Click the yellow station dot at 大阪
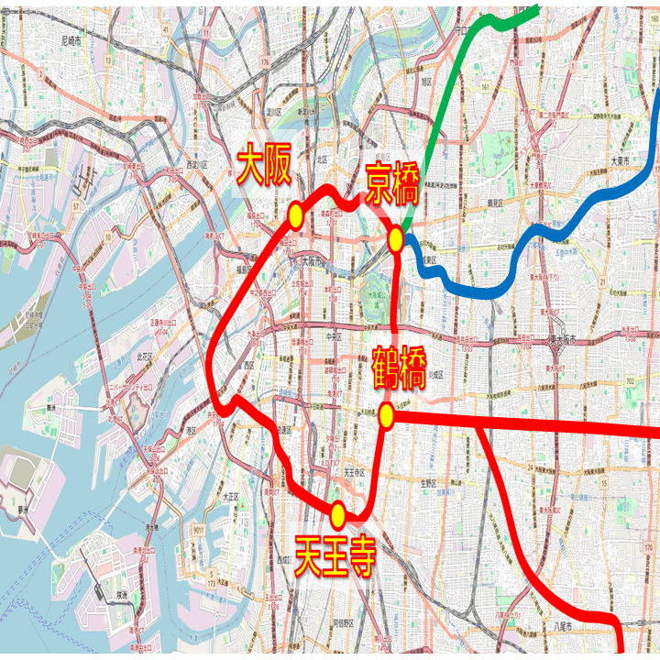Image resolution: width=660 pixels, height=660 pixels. click(295, 215)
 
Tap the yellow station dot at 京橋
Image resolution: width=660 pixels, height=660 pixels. click(396, 240)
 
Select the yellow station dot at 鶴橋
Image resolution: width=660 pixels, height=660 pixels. click(386, 416)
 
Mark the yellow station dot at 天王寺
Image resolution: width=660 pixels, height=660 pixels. click(338, 515)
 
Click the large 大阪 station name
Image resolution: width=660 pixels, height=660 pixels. click(264, 168)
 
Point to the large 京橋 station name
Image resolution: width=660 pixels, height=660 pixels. click(392, 183)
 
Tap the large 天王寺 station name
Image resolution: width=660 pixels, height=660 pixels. click(335, 555)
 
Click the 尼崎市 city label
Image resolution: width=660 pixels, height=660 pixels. click(71, 41)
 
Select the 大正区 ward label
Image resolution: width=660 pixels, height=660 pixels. click(229, 496)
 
